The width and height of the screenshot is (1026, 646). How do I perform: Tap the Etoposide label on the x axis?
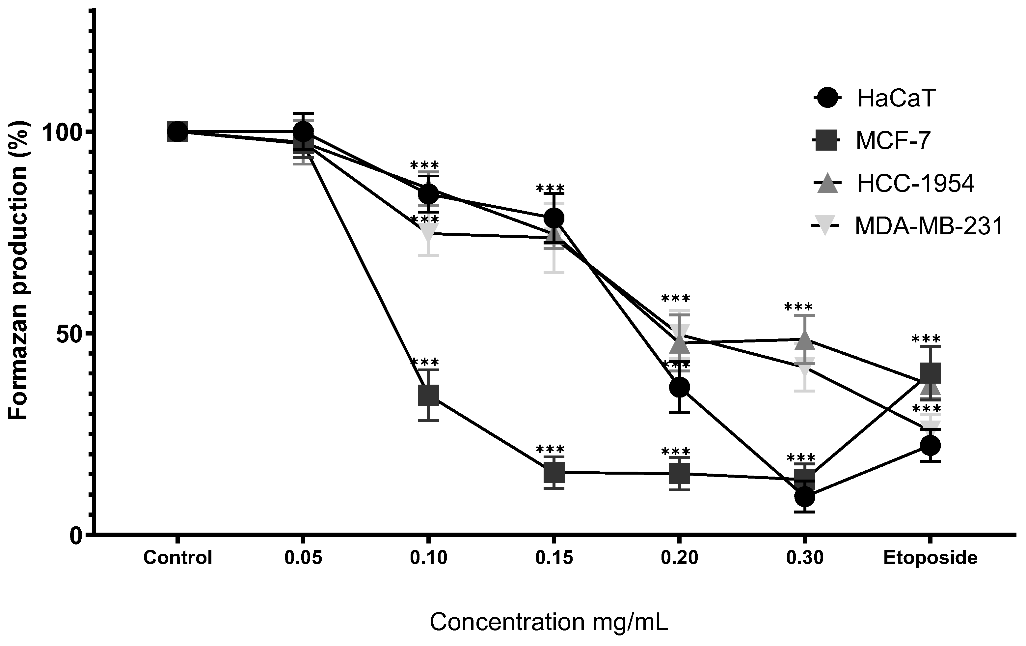(x=931, y=558)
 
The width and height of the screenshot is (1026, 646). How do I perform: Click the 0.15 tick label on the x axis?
(x=554, y=558)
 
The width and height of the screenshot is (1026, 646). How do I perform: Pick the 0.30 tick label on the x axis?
(x=805, y=558)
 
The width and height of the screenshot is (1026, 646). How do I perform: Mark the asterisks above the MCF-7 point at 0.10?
(x=424, y=363)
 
